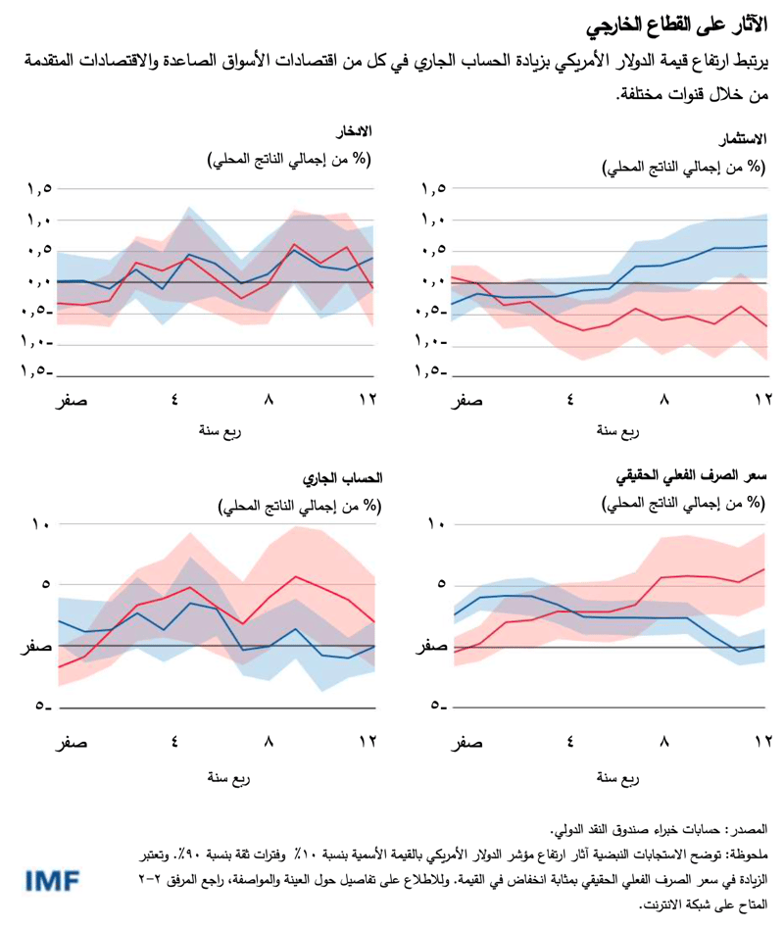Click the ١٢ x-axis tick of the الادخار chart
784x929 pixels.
pos(367,399)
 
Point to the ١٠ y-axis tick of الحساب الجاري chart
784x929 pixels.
pos(40,525)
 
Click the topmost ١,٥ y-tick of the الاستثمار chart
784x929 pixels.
pos(434,189)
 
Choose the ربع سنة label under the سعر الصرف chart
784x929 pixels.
pos(618,778)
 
